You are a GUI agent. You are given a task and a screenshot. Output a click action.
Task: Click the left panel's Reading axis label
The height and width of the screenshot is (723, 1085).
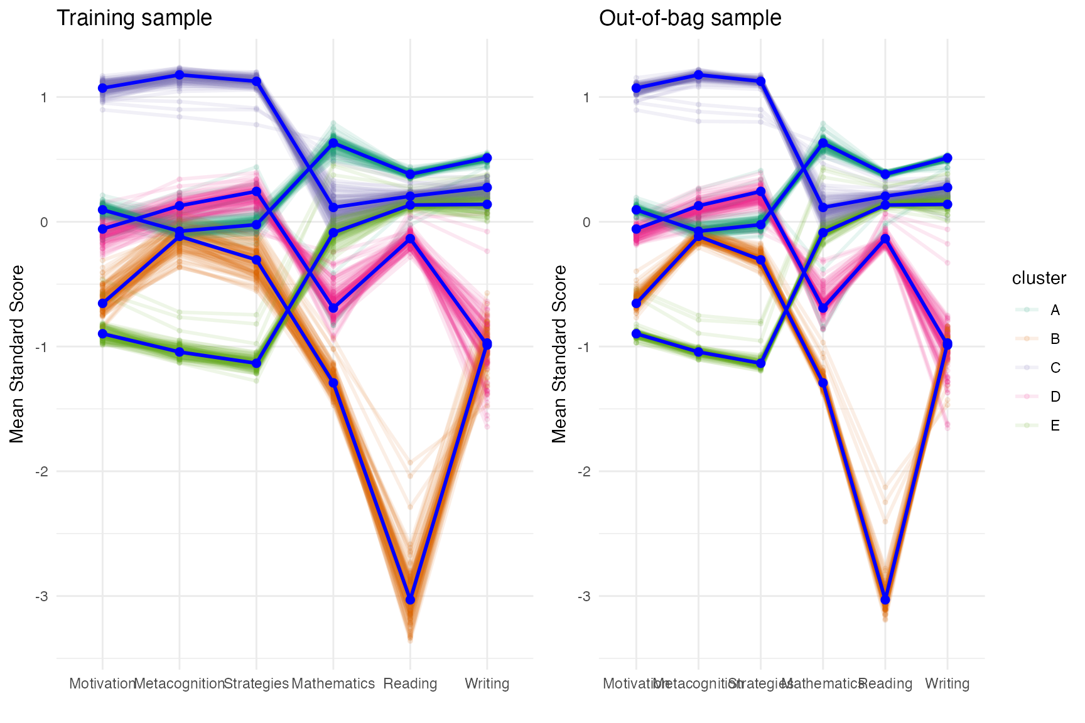[x=410, y=683]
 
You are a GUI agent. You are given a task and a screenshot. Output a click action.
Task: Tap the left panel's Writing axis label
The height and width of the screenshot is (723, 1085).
[x=487, y=683]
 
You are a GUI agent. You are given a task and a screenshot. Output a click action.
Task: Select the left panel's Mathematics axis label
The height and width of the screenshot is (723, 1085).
[x=333, y=683]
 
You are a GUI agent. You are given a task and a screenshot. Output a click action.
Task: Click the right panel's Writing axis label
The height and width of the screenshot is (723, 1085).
[x=947, y=683]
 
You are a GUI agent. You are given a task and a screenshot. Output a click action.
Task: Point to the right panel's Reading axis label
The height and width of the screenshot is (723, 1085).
[x=885, y=683]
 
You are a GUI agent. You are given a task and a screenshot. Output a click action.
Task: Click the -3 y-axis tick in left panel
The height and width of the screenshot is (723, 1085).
[x=41, y=596]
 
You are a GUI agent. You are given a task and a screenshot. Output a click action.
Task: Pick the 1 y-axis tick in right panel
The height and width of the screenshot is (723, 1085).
[x=586, y=97]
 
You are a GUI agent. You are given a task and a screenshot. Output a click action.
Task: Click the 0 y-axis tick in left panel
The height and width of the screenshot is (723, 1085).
[x=43, y=222]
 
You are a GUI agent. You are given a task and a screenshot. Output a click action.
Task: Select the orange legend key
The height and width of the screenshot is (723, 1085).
[x=1027, y=339]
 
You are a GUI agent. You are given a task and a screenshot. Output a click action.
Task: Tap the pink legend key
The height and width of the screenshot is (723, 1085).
[x=1027, y=397]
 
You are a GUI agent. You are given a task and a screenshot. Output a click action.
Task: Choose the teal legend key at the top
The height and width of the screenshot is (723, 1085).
[x=1027, y=309]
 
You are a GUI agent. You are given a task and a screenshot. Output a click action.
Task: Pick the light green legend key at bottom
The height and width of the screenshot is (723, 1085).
[x=1027, y=426]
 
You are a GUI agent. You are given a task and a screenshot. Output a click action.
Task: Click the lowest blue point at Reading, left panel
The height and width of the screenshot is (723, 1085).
[x=410, y=600]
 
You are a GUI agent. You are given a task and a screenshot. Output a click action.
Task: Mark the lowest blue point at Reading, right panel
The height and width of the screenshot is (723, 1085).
[x=885, y=600]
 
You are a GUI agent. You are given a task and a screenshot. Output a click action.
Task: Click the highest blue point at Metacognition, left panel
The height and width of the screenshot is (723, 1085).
[x=180, y=75]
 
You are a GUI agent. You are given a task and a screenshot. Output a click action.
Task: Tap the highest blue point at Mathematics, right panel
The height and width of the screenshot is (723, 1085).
[x=823, y=143]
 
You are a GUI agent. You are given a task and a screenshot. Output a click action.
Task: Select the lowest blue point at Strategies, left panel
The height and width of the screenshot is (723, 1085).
[x=256, y=363]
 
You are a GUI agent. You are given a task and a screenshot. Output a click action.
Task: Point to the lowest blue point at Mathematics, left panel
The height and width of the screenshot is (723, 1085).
[x=333, y=383]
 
